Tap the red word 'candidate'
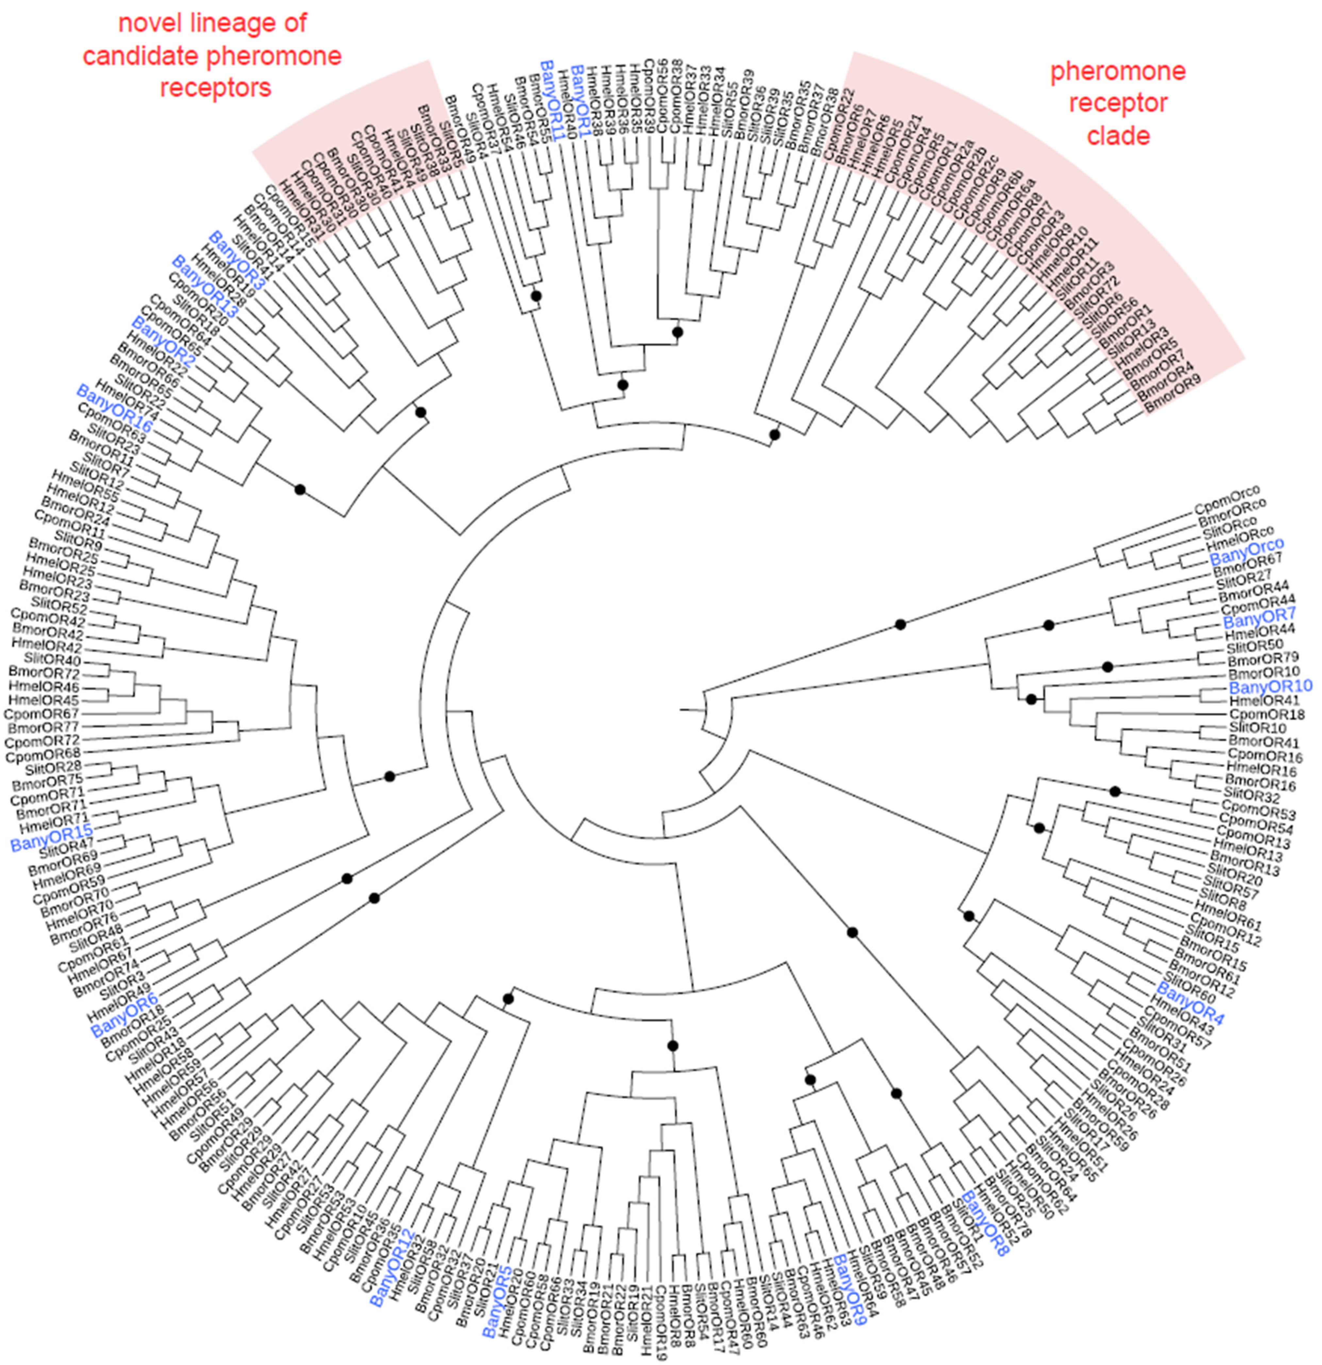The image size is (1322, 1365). pyautogui.click(x=143, y=56)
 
